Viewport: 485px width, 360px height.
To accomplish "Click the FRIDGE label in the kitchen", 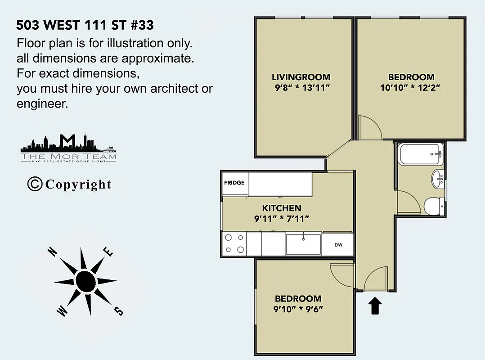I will pyautogui.click(x=234, y=183).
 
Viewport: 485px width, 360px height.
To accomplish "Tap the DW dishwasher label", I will pyautogui.click(x=338, y=245).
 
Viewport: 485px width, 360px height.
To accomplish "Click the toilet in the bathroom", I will pyautogui.click(x=433, y=206).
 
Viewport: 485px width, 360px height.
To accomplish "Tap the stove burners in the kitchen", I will pyautogui.click(x=234, y=243).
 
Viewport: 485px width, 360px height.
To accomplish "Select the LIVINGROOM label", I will pyautogui.click(x=301, y=77).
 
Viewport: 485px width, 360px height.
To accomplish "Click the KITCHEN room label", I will pyautogui.click(x=282, y=208).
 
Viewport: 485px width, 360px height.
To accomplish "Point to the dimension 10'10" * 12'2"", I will pyautogui.click(x=409, y=87).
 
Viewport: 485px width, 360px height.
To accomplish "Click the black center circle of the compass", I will pyautogui.click(x=85, y=281).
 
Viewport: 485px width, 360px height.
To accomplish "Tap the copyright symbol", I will pyautogui.click(x=35, y=184).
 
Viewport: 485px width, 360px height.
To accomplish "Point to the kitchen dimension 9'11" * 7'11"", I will pyautogui.click(x=282, y=219).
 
